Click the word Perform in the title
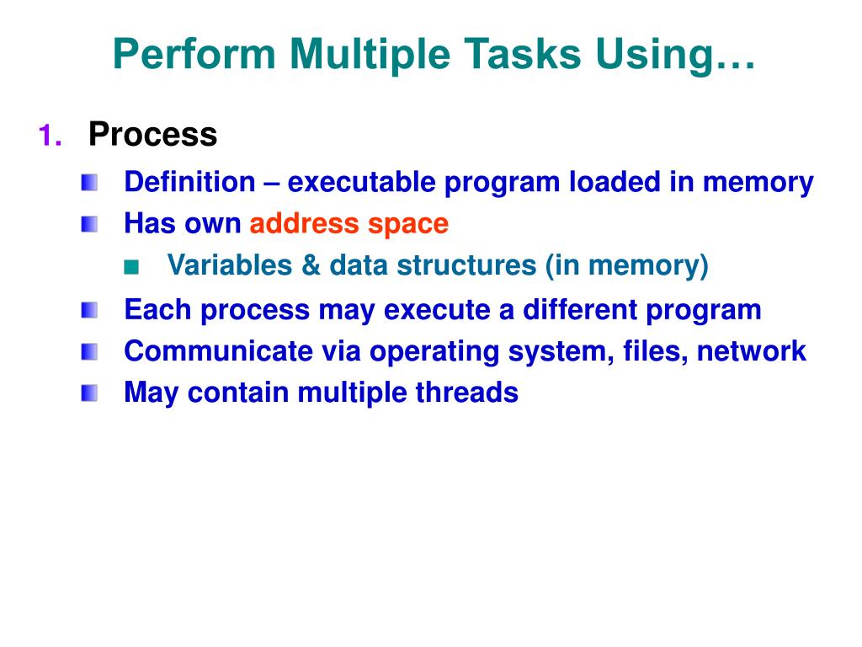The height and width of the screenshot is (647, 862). point(194,53)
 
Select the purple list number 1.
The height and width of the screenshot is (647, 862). point(50,135)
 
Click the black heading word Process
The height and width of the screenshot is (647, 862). point(153,134)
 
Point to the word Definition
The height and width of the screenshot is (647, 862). point(190,182)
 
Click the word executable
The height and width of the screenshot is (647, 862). point(362,182)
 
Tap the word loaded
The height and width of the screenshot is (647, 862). point(615,182)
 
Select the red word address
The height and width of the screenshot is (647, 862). point(305,223)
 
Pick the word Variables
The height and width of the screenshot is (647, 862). point(230,265)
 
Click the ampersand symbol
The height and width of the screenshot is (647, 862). point(311,265)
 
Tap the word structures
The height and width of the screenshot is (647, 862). point(466,265)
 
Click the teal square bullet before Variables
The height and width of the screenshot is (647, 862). point(131,267)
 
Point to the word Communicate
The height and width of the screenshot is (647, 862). point(219,351)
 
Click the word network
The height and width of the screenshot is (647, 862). point(752,351)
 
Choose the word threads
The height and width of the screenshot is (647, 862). point(466,393)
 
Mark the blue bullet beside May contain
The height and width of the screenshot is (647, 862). point(89,393)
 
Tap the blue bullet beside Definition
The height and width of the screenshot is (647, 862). point(89,183)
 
